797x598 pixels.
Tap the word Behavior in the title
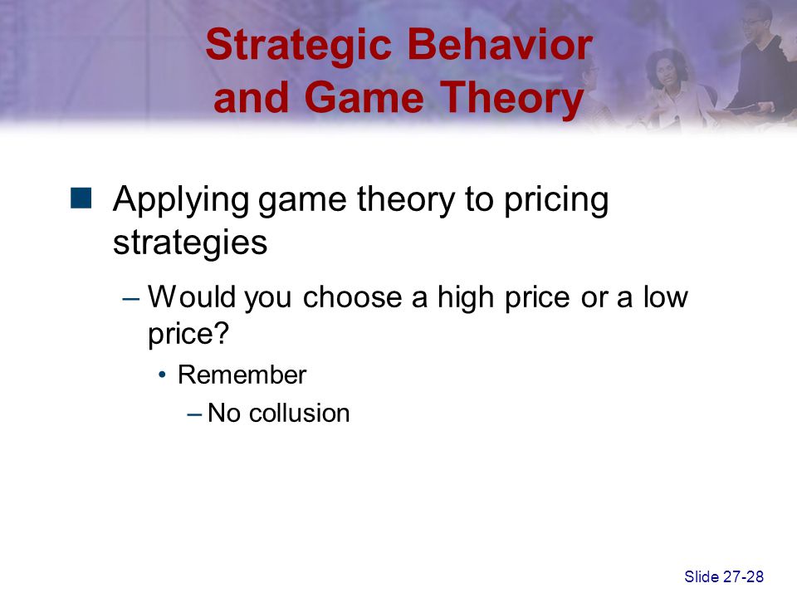click(x=500, y=44)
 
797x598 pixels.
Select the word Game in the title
click(x=364, y=98)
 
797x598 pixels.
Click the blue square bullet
click(x=81, y=199)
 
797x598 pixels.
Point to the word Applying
click(x=181, y=201)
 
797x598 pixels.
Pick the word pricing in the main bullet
click(x=556, y=201)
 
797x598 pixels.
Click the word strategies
click(x=190, y=243)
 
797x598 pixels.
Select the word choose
click(x=352, y=297)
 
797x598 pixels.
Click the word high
click(x=466, y=297)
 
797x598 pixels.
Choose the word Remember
click(x=242, y=375)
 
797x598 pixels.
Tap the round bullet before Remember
click(x=162, y=375)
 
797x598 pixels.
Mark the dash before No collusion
click(x=194, y=414)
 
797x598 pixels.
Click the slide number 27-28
click(x=743, y=576)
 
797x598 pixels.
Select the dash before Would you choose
click(x=130, y=299)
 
